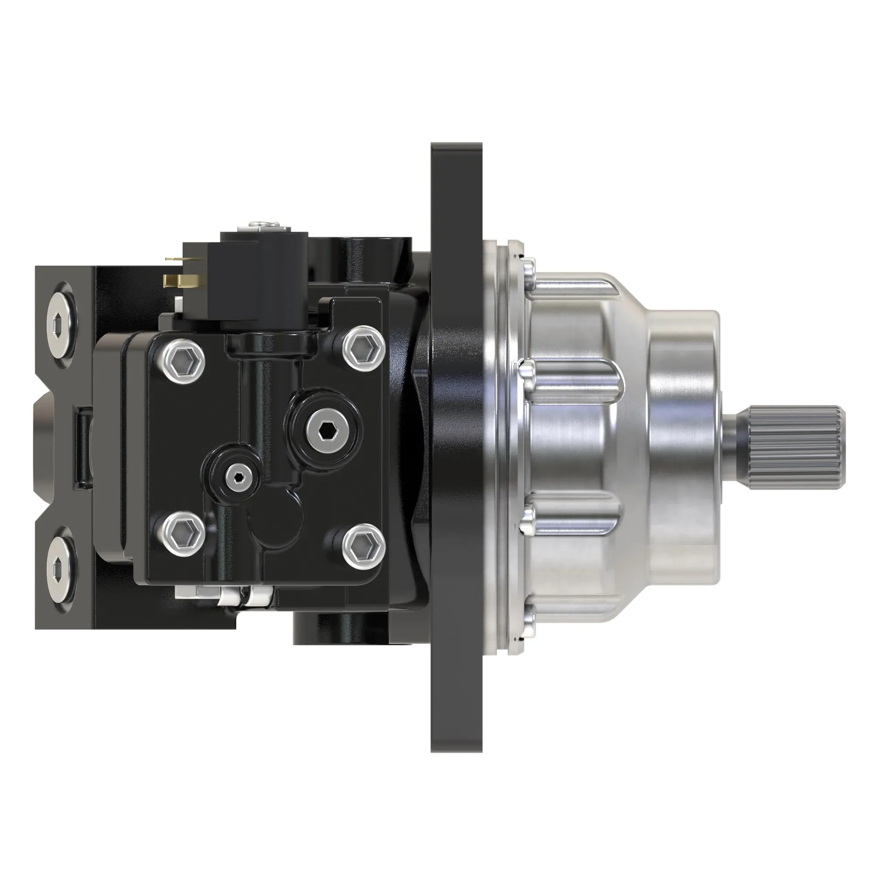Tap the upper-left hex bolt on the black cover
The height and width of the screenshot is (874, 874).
click(183, 360)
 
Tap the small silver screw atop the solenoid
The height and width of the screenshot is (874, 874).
click(262, 222)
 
